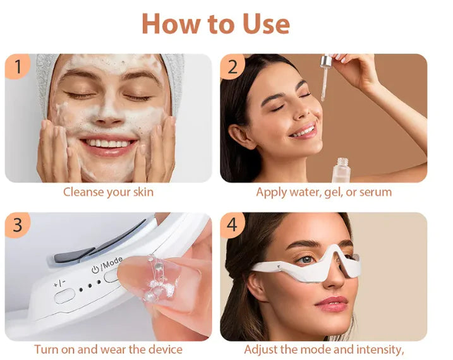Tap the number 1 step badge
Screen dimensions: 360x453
(x=19, y=66)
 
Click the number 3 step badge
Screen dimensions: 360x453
(x=19, y=225)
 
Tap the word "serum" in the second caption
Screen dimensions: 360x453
(x=375, y=192)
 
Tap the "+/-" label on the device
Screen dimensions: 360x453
(x=61, y=284)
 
